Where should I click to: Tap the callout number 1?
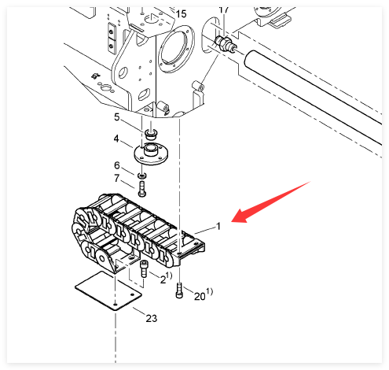click(218, 226)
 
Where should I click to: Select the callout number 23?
click(152, 318)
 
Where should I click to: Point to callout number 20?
click(200, 296)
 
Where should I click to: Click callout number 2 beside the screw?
click(163, 279)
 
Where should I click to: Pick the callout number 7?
click(117, 179)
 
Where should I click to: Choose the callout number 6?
click(117, 165)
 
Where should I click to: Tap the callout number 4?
click(116, 139)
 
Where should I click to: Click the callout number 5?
click(117, 117)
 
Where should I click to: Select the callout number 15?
click(181, 13)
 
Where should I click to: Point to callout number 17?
click(223, 9)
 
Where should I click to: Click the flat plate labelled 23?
click(108, 290)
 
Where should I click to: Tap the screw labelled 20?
click(179, 290)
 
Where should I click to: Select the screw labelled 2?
click(144, 268)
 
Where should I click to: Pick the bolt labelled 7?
click(141, 189)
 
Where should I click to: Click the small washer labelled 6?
click(142, 176)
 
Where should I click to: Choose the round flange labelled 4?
click(151, 154)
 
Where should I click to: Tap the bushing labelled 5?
click(151, 134)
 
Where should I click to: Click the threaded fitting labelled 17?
click(225, 43)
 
